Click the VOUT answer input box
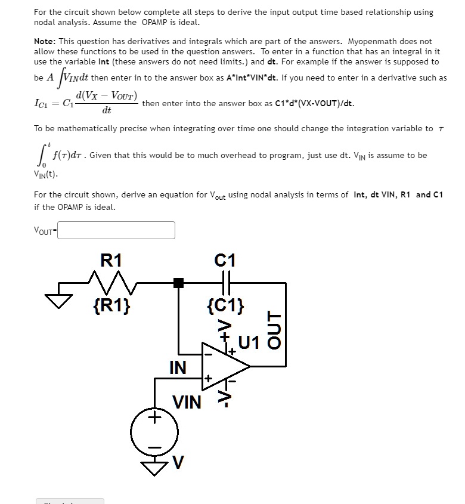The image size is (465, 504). (116, 230)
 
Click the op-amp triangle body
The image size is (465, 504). (223, 366)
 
